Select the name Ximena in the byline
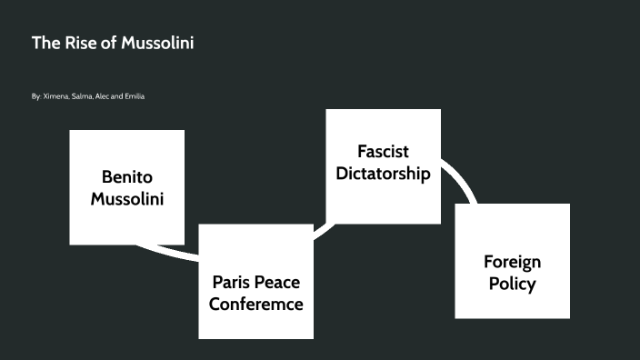click(x=55, y=95)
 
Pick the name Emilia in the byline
click(x=134, y=95)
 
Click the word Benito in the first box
click(x=127, y=175)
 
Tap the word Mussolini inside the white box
click(x=127, y=197)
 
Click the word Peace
click(x=276, y=282)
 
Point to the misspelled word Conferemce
click(x=255, y=304)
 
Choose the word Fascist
click(x=383, y=151)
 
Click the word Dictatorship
click(x=383, y=173)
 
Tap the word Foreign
click(x=512, y=262)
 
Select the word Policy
click(x=512, y=284)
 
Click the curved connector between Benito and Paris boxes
click(x=168, y=251)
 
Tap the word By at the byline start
click(x=35, y=95)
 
